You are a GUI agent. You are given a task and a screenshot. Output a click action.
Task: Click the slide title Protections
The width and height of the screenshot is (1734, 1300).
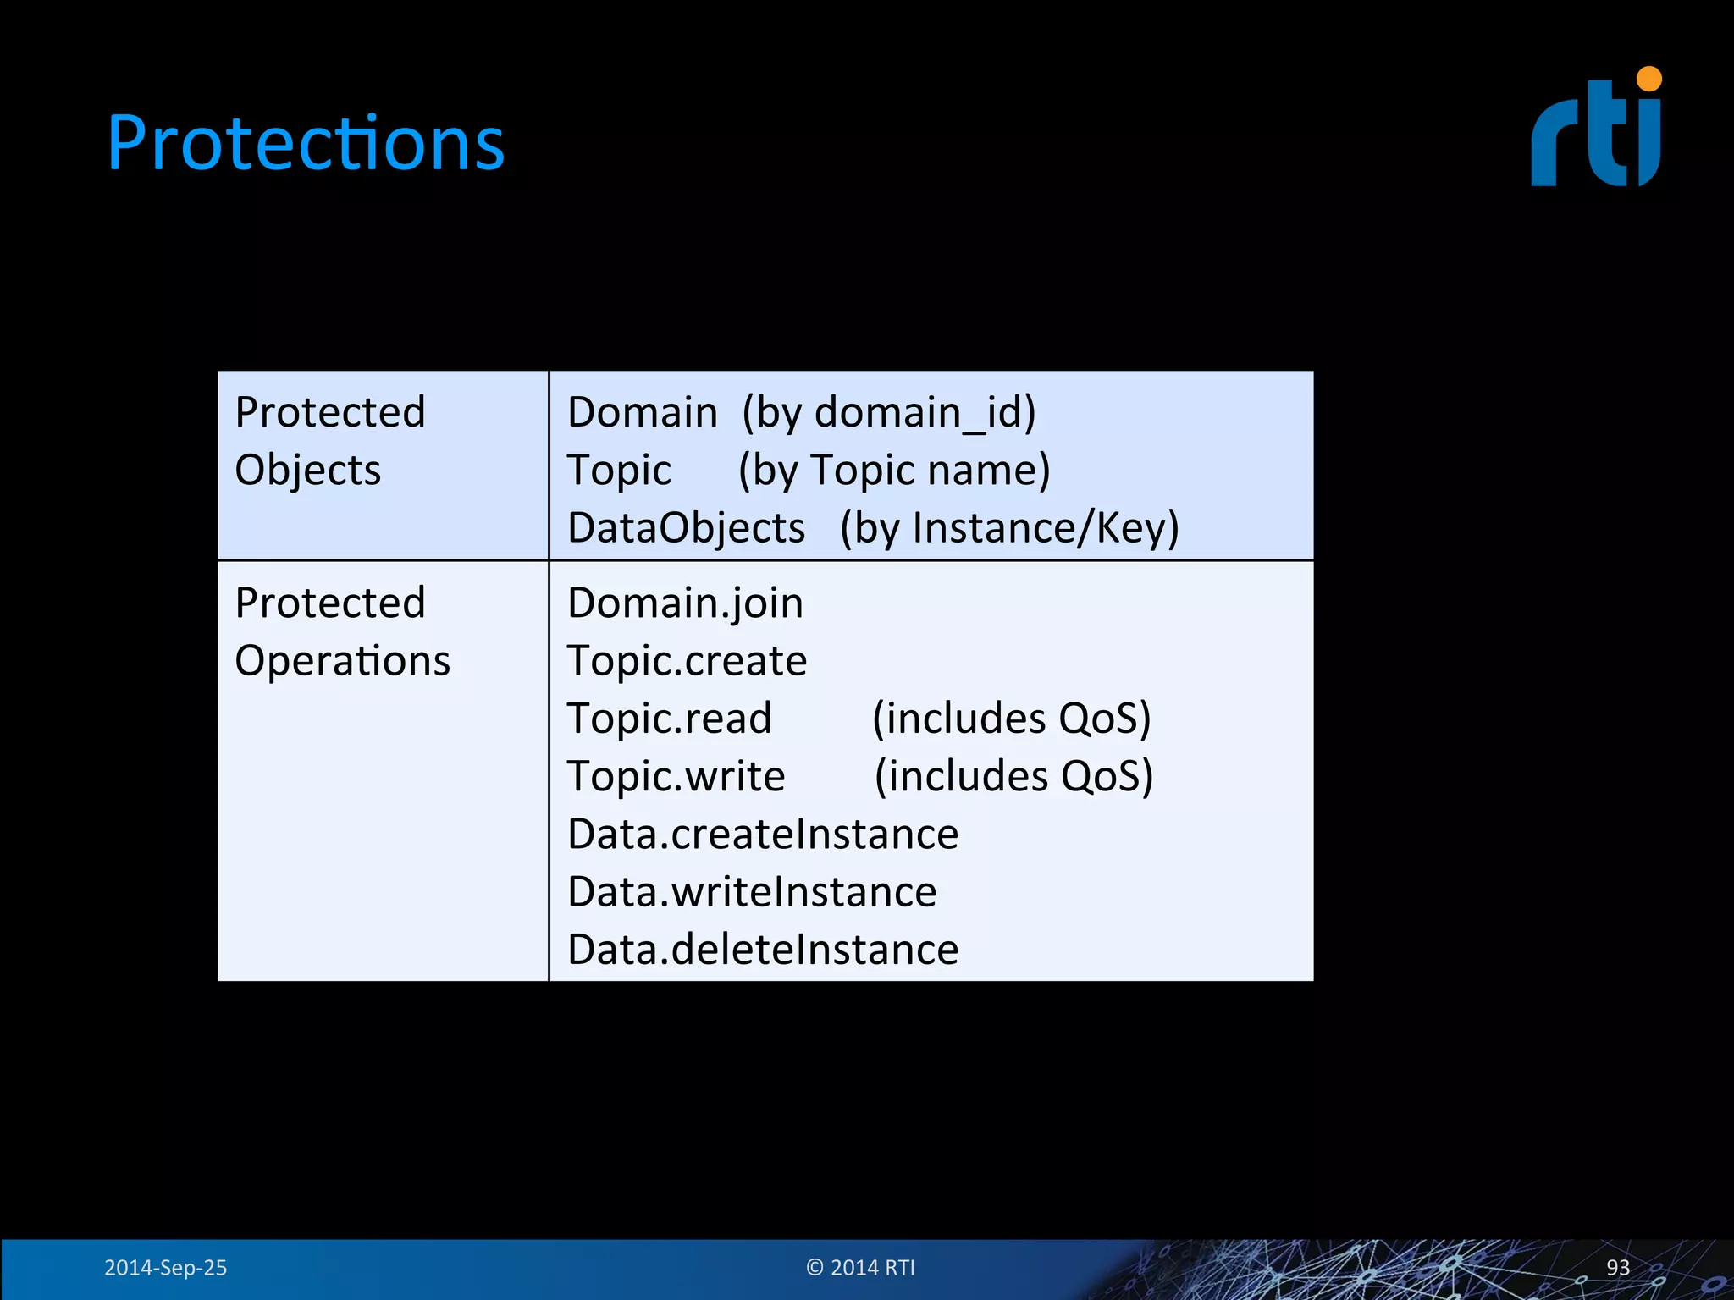tap(306, 143)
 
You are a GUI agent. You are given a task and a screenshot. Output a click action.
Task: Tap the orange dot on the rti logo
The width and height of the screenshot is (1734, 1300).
tap(1649, 79)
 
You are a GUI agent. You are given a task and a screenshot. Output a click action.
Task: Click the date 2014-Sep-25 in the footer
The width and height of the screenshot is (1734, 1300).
tap(165, 1267)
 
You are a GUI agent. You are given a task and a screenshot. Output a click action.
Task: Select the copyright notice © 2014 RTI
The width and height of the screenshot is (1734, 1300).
tap(860, 1267)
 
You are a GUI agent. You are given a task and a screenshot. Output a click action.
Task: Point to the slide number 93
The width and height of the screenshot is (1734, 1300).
tap(1617, 1267)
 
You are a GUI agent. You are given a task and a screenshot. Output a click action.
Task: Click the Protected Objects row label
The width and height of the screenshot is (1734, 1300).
tap(329, 441)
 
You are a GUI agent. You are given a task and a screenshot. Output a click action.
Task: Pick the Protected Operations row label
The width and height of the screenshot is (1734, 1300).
tap(342, 631)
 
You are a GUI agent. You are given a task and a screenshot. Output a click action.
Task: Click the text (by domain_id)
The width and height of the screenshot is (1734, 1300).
tap(888, 413)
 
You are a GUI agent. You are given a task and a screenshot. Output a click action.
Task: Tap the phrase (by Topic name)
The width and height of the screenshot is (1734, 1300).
tap(893, 471)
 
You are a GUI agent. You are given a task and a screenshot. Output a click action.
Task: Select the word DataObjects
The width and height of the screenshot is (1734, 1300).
tap(686, 528)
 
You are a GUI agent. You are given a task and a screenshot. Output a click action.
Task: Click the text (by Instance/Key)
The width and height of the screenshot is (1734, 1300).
tap(1009, 528)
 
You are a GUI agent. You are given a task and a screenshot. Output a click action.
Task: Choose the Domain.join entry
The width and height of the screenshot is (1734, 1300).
tap(685, 603)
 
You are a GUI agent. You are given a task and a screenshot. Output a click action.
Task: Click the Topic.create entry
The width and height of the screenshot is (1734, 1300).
tap(687, 661)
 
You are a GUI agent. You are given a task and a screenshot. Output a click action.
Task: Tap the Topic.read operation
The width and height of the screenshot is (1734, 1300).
tap(669, 719)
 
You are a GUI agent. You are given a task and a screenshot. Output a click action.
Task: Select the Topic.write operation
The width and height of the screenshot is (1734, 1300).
tap(676, 776)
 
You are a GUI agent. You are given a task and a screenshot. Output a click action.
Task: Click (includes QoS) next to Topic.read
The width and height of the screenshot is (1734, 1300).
tap(1011, 719)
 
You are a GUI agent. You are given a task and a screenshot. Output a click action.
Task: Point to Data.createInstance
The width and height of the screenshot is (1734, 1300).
tap(763, 835)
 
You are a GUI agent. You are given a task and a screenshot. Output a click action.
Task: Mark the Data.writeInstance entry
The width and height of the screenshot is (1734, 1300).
tap(752, 892)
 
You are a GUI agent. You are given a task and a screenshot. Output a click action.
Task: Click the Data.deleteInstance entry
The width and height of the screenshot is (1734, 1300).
tap(763, 950)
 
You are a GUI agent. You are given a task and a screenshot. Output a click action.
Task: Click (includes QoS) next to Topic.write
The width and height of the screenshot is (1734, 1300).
tap(1013, 776)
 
